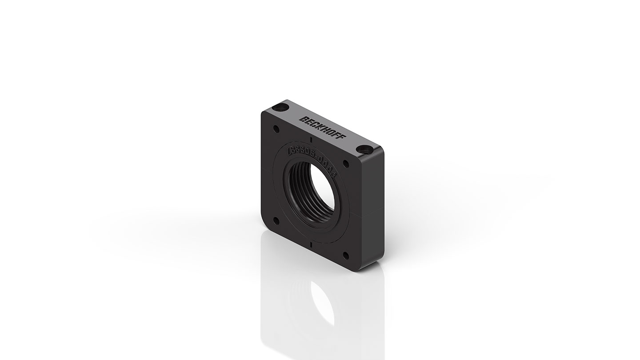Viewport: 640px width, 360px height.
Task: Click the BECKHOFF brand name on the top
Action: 323,129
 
